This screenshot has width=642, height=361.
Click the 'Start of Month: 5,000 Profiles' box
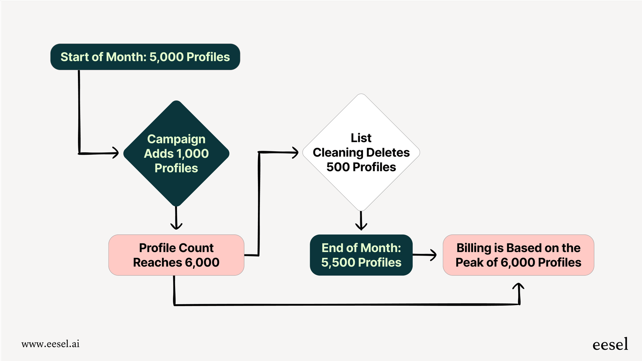(x=145, y=57)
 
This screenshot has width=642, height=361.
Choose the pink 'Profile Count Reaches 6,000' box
(x=176, y=255)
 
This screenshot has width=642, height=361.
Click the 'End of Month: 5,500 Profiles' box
(x=361, y=255)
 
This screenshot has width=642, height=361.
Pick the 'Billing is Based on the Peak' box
(x=518, y=255)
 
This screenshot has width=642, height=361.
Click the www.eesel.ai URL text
(x=50, y=344)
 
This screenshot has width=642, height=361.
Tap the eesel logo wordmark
(x=610, y=345)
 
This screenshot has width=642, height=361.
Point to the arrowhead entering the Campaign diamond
(x=115, y=153)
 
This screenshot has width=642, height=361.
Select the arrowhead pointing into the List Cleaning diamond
(x=295, y=152)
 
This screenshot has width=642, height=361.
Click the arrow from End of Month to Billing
(x=425, y=255)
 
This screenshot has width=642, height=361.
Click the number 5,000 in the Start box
(x=166, y=57)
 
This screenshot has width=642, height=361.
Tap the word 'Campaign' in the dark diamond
(x=176, y=139)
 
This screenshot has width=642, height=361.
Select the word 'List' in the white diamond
(x=361, y=138)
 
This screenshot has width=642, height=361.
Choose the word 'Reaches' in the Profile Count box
(x=157, y=262)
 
